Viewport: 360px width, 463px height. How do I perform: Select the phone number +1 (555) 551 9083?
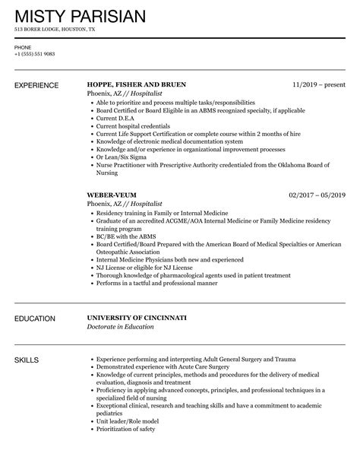34,53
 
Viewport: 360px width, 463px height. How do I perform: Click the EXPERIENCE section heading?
39,84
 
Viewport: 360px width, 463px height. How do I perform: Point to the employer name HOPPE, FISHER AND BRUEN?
137,84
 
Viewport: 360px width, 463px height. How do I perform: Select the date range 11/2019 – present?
319,84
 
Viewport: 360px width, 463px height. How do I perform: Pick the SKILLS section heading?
27,358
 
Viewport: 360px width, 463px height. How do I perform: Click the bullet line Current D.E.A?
115,119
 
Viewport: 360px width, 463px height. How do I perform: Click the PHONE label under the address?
22,47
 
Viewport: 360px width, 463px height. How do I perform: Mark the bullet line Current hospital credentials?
131,127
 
